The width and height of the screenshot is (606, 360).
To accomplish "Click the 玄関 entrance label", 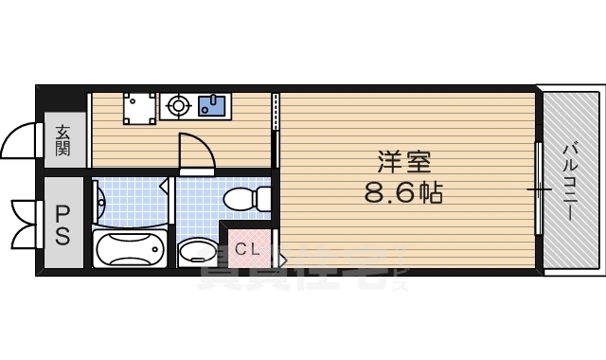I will tap(62, 140).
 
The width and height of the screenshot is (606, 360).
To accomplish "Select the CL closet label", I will tap(247, 249).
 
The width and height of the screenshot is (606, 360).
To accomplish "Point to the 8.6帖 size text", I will tap(403, 193).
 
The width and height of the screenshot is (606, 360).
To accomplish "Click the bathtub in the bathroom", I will tap(131, 249).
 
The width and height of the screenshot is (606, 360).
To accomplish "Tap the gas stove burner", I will tap(176, 106).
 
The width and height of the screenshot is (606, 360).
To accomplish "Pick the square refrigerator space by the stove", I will tap(139, 108).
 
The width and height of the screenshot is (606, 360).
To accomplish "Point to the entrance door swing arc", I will tap(19, 142).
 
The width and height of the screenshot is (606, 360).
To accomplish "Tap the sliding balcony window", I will tap(539, 189).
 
